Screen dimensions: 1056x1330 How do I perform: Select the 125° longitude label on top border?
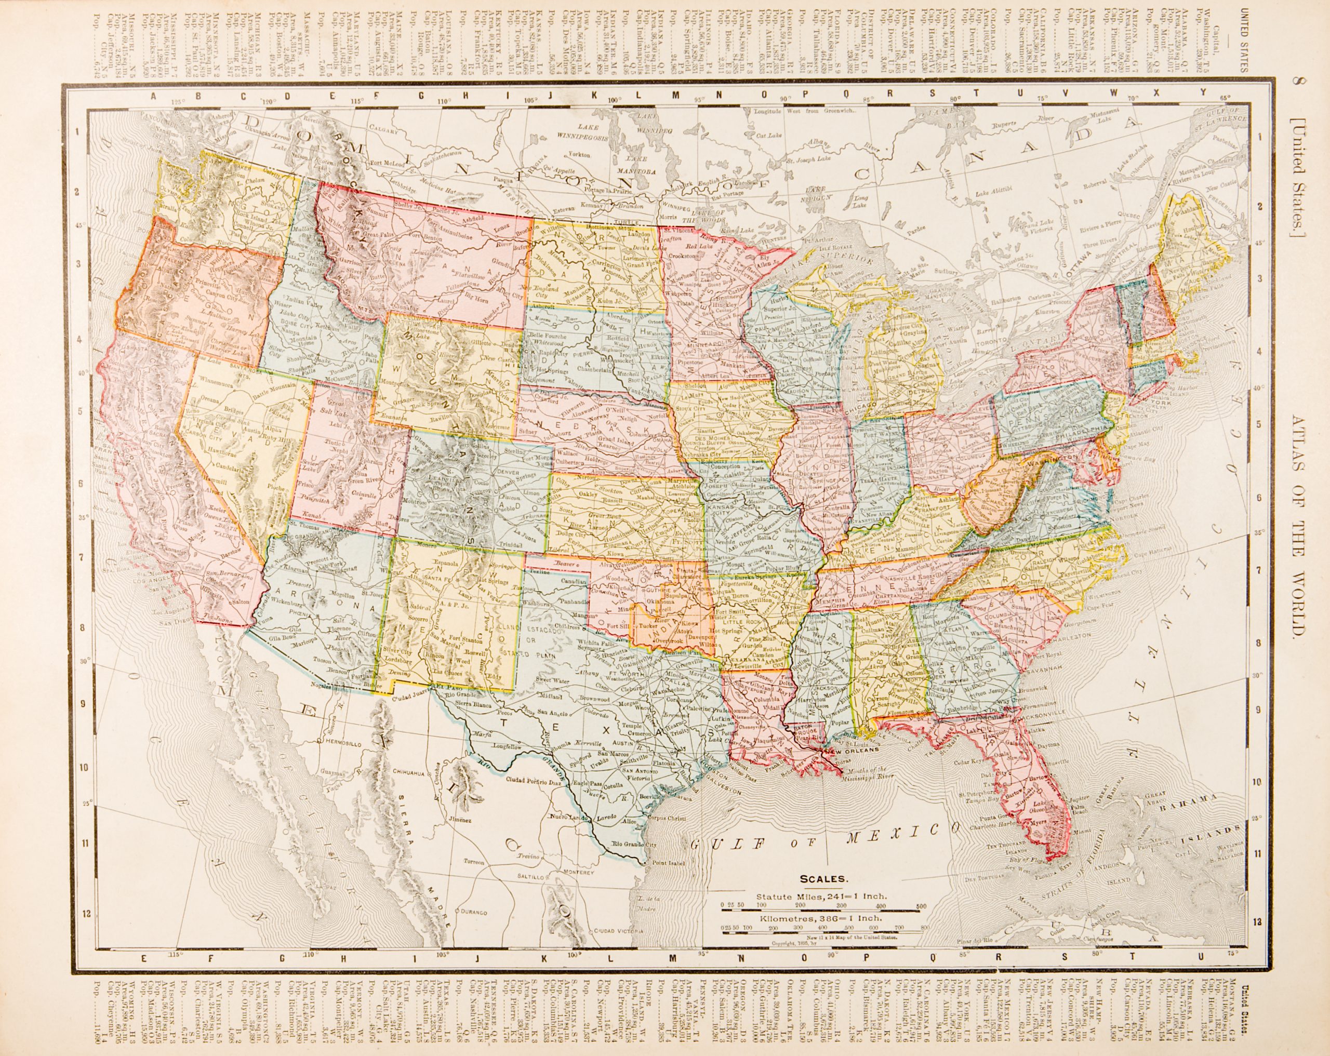pyautogui.click(x=178, y=101)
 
